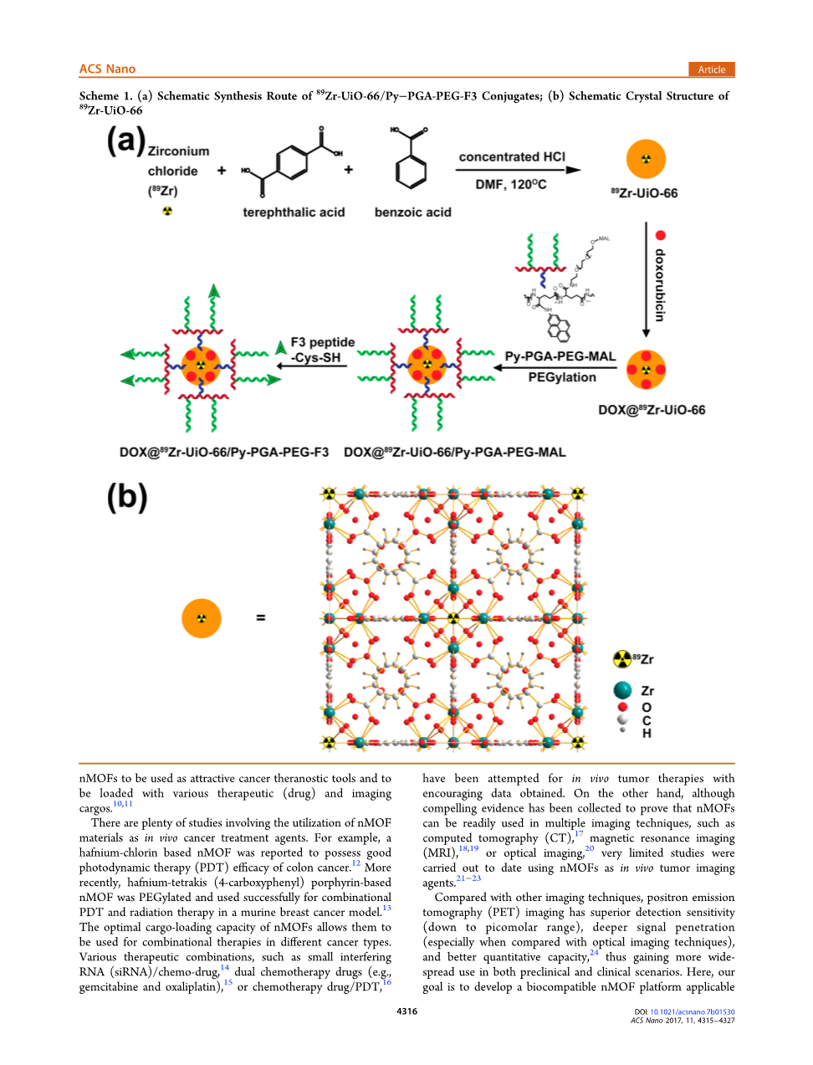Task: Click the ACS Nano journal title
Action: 107,69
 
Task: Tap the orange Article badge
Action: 711,69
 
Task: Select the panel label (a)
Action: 126,141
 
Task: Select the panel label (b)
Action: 127,497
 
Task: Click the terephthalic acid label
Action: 294,212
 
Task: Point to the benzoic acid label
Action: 412,212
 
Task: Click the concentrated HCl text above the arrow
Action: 512,157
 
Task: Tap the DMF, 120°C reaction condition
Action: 511,184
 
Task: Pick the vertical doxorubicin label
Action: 660,285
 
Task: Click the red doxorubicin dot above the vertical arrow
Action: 660,235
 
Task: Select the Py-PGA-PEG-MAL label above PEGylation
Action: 560,356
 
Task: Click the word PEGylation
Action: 562,377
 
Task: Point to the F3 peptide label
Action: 323,342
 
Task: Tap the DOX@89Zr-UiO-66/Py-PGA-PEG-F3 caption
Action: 224,453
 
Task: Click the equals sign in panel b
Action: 261,617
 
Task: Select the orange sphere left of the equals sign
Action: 202,618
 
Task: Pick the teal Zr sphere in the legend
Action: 622,690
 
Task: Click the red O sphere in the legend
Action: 622,707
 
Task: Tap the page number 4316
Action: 406,1011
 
